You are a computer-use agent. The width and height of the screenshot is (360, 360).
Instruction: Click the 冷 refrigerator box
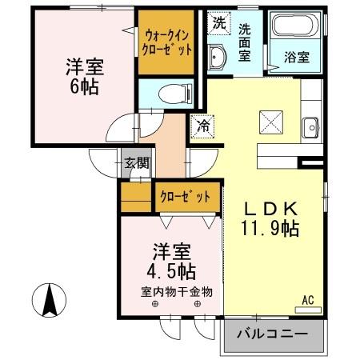click(203, 126)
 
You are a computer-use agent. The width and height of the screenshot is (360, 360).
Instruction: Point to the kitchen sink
click(310, 126)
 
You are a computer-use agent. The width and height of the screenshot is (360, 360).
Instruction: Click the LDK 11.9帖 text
click(272, 217)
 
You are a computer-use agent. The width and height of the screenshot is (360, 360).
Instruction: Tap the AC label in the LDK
click(307, 302)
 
